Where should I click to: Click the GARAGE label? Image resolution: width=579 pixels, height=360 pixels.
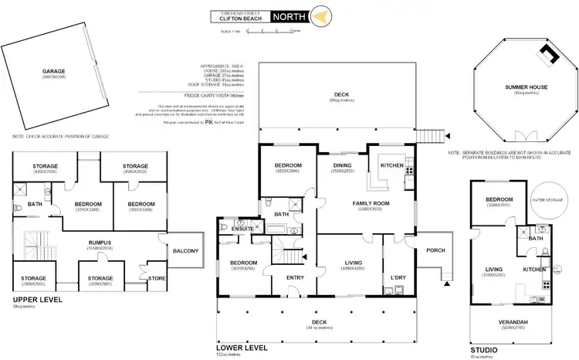pyautogui.click(x=52, y=71)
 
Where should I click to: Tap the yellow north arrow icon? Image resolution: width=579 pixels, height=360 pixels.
pyautogui.click(x=324, y=15)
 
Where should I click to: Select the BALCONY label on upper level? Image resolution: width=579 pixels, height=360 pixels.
pyautogui.click(x=186, y=250)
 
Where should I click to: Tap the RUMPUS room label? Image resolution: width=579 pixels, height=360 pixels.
pyautogui.click(x=100, y=242)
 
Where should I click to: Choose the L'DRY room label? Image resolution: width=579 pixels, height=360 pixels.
pyautogui.click(x=398, y=277)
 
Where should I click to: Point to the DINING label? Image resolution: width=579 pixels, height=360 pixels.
pyautogui.click(x=342, y=165)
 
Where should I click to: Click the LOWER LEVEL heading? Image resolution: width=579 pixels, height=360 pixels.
pyautogui.click(x=241, y=348)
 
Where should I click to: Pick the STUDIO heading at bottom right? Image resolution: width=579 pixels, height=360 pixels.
pyautogui.click(x=484, y=348)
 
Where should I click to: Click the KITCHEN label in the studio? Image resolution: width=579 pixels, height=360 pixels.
pyautogui.click(x=534, y=270)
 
